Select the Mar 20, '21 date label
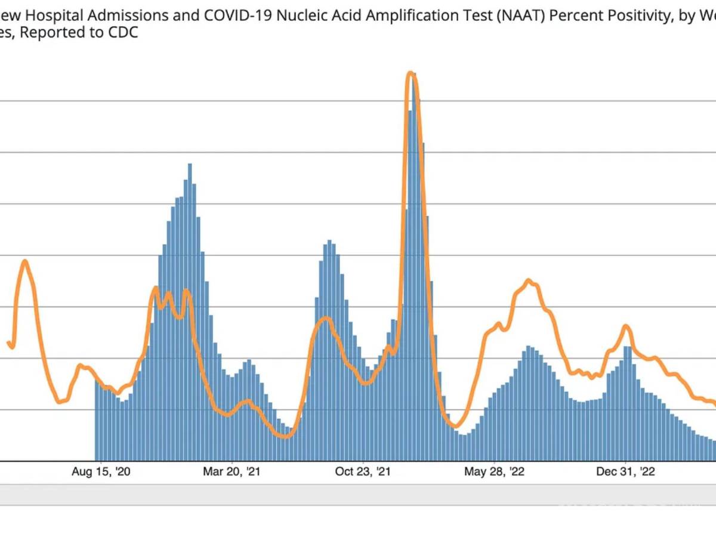click(232, 472)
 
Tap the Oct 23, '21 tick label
click(363, 472)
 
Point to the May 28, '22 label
click(494, 472)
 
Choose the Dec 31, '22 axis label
click(625, 472)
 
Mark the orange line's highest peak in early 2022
click(411, 74)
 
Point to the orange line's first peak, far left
click(24, 261)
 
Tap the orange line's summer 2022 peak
click(529, 280)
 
